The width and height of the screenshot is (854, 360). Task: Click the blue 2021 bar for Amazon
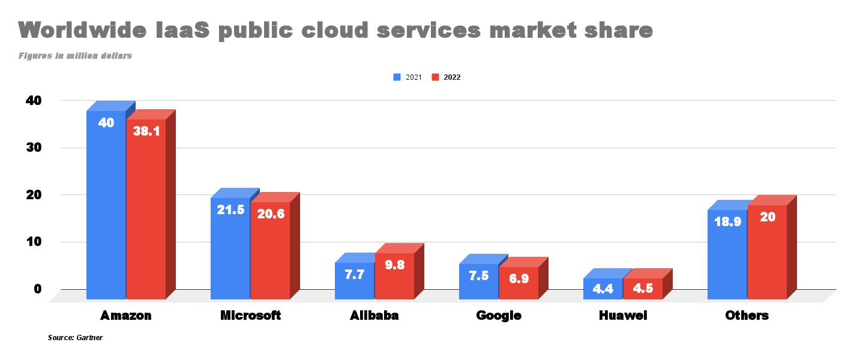coord(106,204)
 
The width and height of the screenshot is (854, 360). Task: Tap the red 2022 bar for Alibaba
coord(394,276)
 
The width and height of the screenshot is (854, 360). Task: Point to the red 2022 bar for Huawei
coord(643,289)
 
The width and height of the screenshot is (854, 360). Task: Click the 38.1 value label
coord(146,131)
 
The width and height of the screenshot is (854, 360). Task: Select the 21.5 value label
coord(230,210)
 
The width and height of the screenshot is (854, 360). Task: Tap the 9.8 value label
coord(394,265)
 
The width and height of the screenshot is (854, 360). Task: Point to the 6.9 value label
coord(519,278)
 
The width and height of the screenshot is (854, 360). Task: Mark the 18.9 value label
coord(727,221)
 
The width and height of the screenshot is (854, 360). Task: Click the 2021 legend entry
coord(407,77)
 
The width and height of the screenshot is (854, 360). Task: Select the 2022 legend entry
coord(447,77)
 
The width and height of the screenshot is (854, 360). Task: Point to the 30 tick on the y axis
coord(34,148)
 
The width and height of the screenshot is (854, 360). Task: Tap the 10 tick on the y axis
coord(34,242)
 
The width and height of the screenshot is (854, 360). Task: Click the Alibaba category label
coord(374,316)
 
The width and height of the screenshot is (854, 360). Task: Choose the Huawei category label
coord(623,316)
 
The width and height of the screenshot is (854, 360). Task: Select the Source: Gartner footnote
coord(75,338)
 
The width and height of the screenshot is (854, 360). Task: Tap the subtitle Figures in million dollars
coord(75,56)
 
